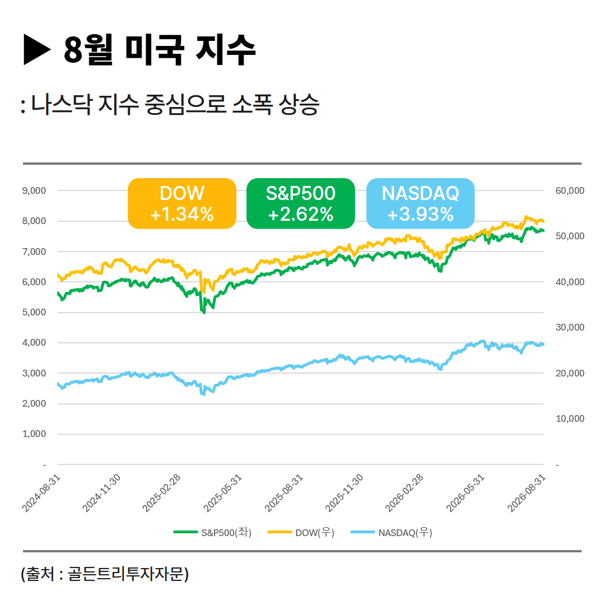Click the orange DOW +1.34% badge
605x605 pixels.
pyautogui.click(x=182, y=203)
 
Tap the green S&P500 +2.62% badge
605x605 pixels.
pyautogui.click(x=301, y=203)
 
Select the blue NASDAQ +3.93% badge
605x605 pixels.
pyautogui.click(x=420, y=203)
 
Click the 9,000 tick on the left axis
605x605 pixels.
pyautogui.click(x=34, y=190)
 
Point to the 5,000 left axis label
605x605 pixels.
pyautogui.click(x=34, y=312)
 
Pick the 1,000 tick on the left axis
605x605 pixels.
pyautogui.click(x=34, y=434)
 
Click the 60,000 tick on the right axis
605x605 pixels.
pyautogui.click(x=570, y=190)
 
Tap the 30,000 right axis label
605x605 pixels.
pyautogui.click(x=570, y=327)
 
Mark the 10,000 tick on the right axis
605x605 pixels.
pyautogui.click(x=570, y=418)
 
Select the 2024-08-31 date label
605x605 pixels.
pyautogui.click(x=41, y=493)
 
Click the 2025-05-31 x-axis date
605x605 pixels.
pyautogui.click(x=222, y=493)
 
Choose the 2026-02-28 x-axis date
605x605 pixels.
pyautogui.click(x=404, y=493)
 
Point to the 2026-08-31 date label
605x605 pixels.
pyautogui.click(x=526, y=493)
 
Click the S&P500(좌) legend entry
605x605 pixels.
pyautogui.click(x=213, y=533)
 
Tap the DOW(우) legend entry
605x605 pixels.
pyautogui.click(x=301, y=533)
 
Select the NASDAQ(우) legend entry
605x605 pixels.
pyautogui.click(x=391, y=533)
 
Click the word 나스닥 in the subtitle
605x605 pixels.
pyautogui.click(x=62, y=104)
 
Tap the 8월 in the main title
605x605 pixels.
pyautogui.click(x=88, y=49)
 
